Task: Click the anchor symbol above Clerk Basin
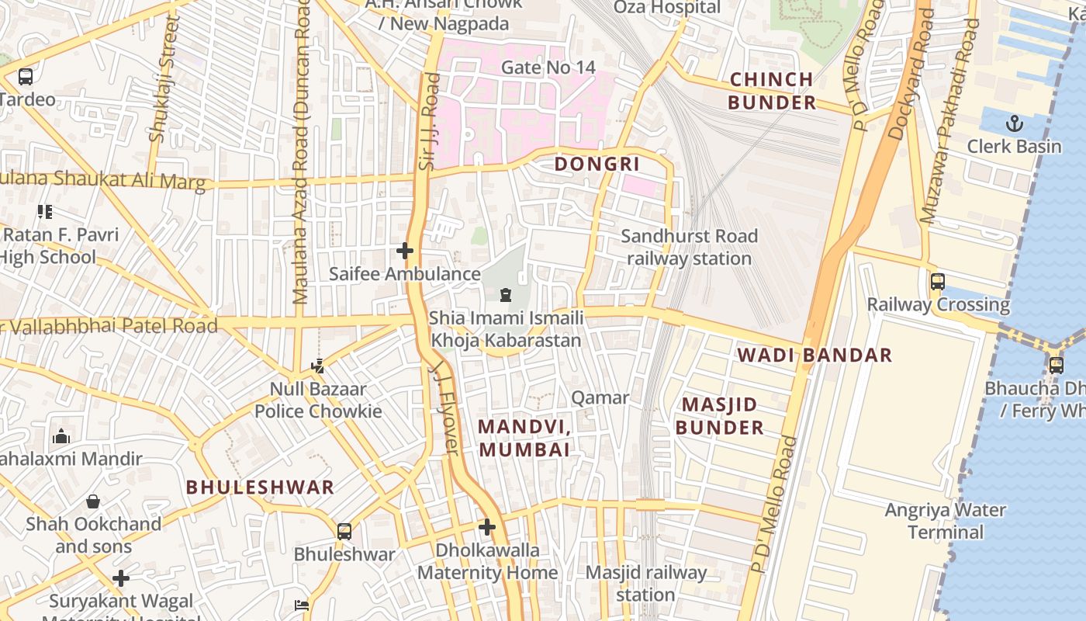point(1014,123)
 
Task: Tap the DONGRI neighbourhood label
point(597,164)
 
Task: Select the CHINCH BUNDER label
point(772,91)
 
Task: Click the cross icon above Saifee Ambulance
point(404,251)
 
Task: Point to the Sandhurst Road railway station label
point(689,247)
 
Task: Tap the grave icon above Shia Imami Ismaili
point(506,295)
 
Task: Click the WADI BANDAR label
point(814,356)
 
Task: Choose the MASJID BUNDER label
point(719,416)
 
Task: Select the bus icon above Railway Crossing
point(937,281)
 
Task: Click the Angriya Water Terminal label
point(946,521)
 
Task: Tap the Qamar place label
point(600,398)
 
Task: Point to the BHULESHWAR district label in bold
point(260,487)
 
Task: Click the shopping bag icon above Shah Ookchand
point(93,501)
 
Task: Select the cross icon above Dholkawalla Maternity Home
point(486,528)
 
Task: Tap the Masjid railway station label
point(645,584)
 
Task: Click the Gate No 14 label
point(548,68)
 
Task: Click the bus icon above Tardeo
point(26,77)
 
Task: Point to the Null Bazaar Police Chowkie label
point(318,400)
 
